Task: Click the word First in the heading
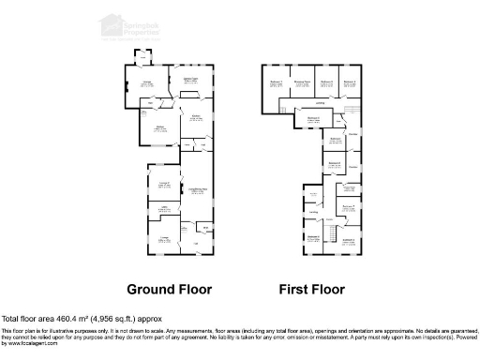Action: pyautogui.click(x=292, y=289)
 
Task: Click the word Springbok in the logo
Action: pyautogui.click(x=143, y=20)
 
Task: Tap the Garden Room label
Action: pyautogui.click(x=189, y=80)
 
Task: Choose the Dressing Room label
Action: pyautogui.click(x=302, y=82)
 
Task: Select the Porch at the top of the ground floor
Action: pyautogui.click(x=142, y=57)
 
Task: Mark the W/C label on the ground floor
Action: pyautogui.click(x=205, y=227)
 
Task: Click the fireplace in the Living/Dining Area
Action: pyautogui.click(x=180, y=185)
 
